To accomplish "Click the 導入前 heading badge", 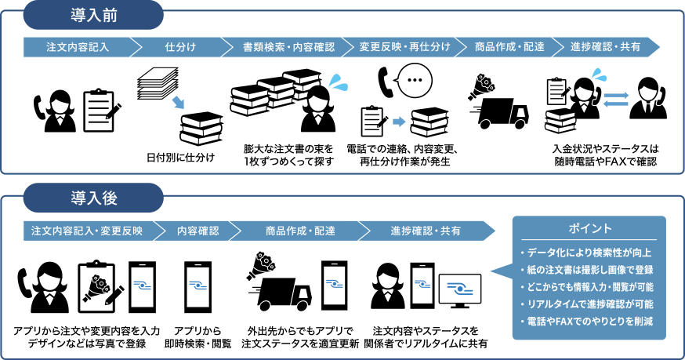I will pos(94,13).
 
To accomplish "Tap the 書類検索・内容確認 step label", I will pos(288,46).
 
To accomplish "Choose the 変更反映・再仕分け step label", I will pos(404,46).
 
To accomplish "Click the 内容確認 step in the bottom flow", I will pos(198,231).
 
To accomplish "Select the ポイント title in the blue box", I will pos(589,228).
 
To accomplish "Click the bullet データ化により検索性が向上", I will pos(590,253).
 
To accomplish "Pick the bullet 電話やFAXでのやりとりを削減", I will pos(590,321).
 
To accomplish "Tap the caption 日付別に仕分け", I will pos(181,157).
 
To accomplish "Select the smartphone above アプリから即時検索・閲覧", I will pos(198,287).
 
